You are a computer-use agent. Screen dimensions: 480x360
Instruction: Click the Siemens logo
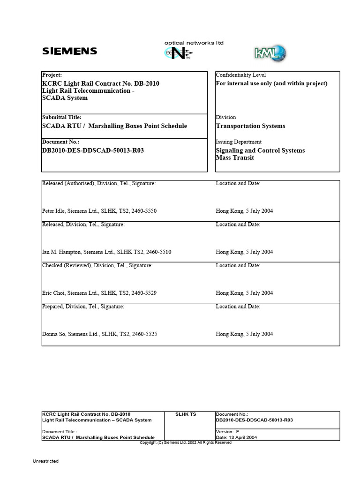pyautogui.click(x=69, y=51)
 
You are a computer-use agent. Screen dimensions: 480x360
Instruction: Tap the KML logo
pyautogui.click(x=270, y=53)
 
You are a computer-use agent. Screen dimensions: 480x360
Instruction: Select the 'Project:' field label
pyautogui.click(x=52, y=75)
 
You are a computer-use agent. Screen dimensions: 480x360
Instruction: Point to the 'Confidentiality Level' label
pyautogui.click(x=240, y=75)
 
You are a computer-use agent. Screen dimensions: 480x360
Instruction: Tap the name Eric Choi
pyautogui.click(x=53, y=293)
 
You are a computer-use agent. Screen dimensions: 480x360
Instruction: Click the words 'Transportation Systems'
pyautogui.click(x=250, y=126)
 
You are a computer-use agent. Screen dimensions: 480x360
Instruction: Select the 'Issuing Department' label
pyautogui.click(x=239, y=142)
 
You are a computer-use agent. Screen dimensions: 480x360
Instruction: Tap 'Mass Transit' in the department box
pyautogui.click(x=235, y=158)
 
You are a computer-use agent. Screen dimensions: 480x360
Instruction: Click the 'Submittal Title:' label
pyautogui.click(x=62, y=118)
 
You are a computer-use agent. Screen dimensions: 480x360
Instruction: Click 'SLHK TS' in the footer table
pyautogui.click(x=186, y=414)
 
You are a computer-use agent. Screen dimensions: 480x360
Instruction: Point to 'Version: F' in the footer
pyautogui.click(x=227, y=431)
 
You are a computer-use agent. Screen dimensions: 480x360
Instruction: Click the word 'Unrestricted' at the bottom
pyautogui.click(x=45, y=461)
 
